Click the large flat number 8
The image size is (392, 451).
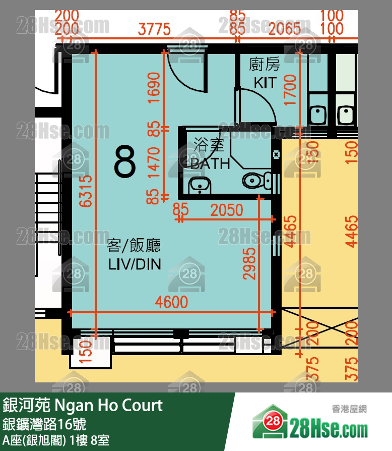(125, 162)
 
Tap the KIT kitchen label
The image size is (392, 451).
(265, 82)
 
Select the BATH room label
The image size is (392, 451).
(210, 163)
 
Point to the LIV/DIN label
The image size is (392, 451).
(135, 264)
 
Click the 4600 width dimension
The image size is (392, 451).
(171, 302)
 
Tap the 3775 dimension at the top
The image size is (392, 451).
(154, 29)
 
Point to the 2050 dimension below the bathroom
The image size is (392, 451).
(226, 210)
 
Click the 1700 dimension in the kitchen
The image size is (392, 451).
(290, 90)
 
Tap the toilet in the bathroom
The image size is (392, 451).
(256, 180)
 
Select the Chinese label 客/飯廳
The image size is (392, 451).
(134, 246)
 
